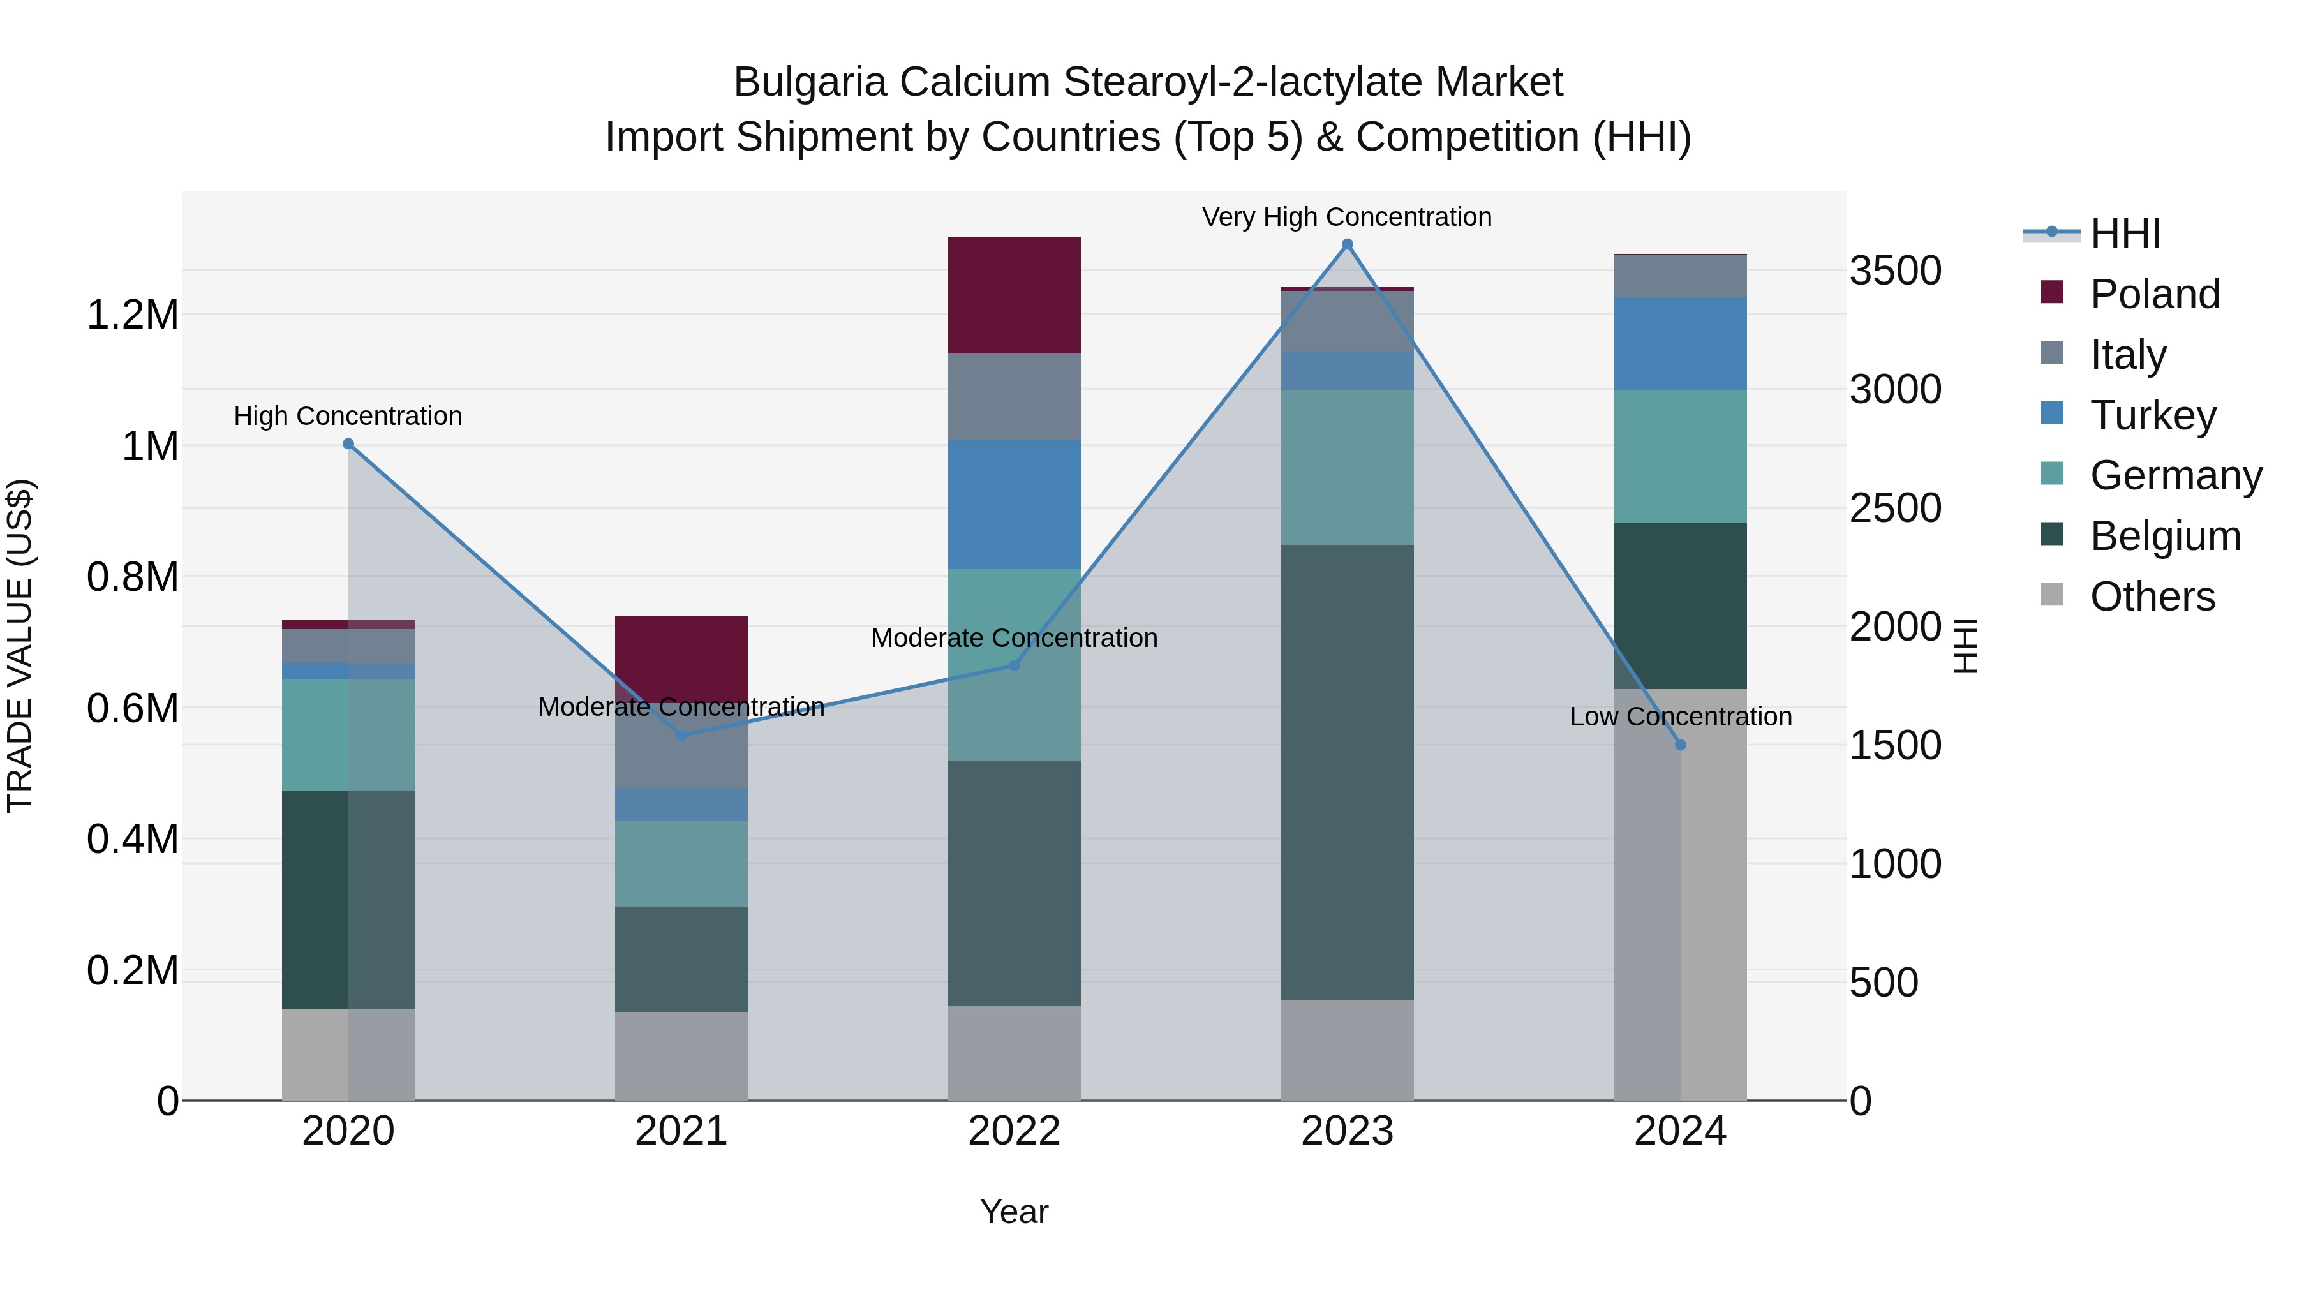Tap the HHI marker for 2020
point(348,444)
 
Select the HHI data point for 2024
point(1681,745)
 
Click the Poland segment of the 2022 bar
point(1014,295)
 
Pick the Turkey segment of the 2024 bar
point(1680,344)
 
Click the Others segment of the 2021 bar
point(681,1056)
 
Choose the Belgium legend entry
point(2164,537)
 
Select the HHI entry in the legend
point(2124,234)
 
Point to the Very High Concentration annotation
point(1346,217)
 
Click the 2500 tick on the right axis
point(1895,509)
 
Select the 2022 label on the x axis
point(1014,1131)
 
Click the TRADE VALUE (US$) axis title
point(20,646)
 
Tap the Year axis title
point(1014,1212)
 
